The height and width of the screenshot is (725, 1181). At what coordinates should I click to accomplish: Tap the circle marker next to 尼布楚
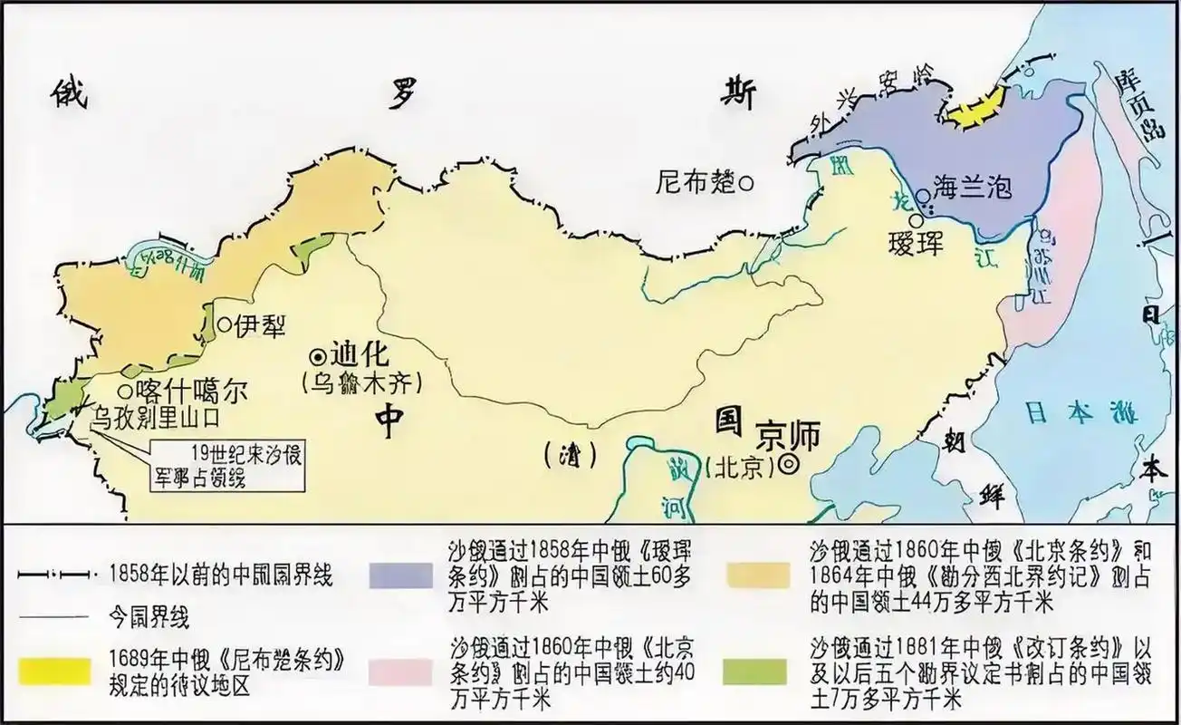pos(746,182)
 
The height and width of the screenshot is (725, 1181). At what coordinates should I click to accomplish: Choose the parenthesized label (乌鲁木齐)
pos(360,382)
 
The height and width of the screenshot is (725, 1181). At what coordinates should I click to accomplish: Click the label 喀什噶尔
pos(189,391)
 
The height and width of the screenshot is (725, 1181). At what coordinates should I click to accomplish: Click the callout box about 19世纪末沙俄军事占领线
pos(228,466)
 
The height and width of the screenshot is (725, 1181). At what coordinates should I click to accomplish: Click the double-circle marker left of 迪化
pos(318,355)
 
